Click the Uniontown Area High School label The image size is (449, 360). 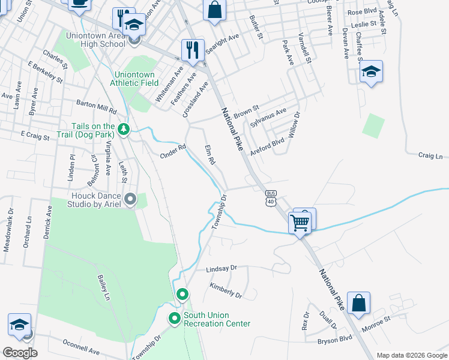104,40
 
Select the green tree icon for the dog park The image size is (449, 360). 124,129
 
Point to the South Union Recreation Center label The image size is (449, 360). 217,319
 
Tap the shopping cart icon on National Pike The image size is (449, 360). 300,223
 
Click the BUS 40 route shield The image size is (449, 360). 271,198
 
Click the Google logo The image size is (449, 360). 20,353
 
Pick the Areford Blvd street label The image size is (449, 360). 267,147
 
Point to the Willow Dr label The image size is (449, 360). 294,125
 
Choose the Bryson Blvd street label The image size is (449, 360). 335,340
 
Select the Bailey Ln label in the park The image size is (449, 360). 104,288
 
